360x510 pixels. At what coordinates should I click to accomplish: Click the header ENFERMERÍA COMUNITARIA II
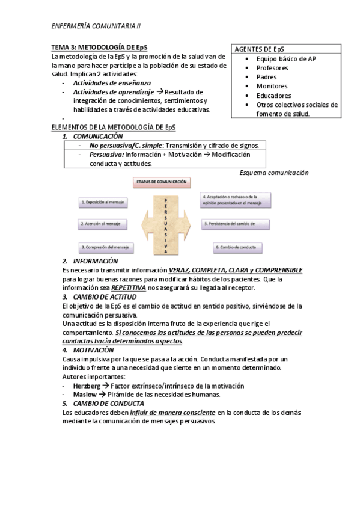pyautogui.click(x=96, y=26)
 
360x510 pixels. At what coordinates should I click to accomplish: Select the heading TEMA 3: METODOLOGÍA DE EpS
pyautogui.click(x=99, y=48)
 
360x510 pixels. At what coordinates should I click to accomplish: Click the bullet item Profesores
pyautogui.click(x=273, y=68)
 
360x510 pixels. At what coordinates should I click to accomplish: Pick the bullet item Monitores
pyautogui.click(x=272, y=86)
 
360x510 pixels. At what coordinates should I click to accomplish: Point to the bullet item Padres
pyautogui.click(x=267, y=77)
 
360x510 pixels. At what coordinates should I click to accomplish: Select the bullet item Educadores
pyautogui.click(x=273, y=96)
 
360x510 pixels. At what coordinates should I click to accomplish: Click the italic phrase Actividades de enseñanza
pyautogui.click(x=112, y=83)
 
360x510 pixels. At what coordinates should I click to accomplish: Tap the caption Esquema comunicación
pyautogui.click(x=273, y=173)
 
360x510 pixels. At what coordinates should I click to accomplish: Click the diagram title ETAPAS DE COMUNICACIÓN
pyautogui.click(x=162, y=181)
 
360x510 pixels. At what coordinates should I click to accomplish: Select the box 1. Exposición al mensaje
pyautogui.click(x=103, y=203)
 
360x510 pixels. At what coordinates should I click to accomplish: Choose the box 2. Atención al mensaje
pyautogui.click(x=103, y=224)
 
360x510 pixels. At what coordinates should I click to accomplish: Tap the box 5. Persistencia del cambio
pyautogui.click(x=234, y=224)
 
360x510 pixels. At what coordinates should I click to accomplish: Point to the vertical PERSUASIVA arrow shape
pyautogui.click(x=165, y=224)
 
